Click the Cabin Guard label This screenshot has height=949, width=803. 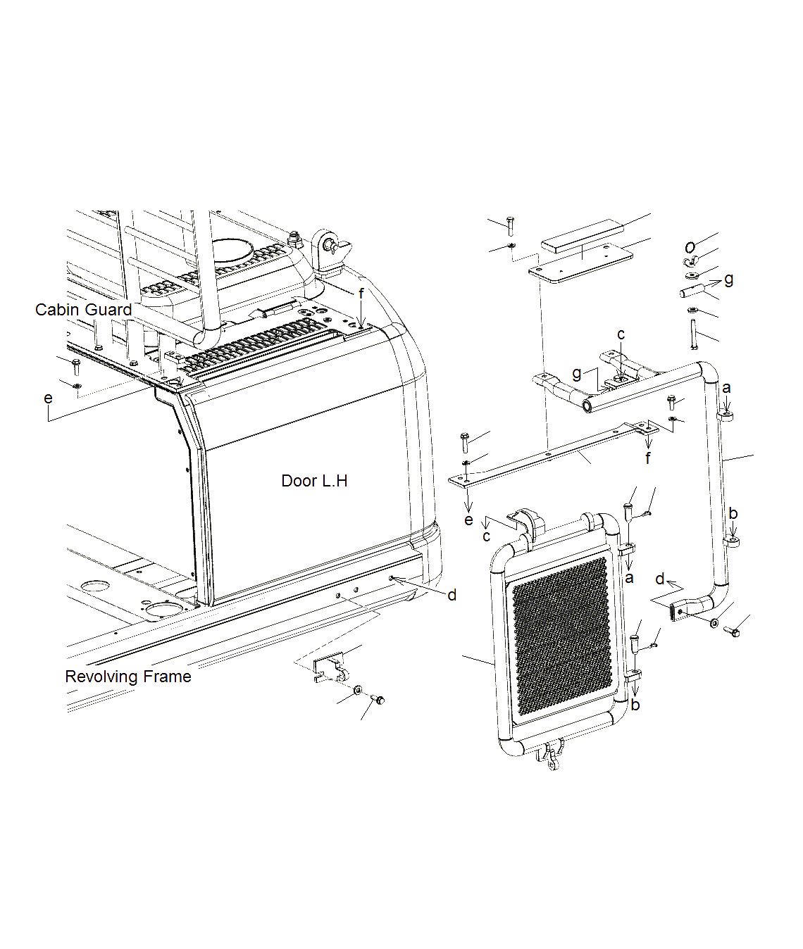tap(83, 310)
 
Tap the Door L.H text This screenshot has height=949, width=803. tap(314, 481)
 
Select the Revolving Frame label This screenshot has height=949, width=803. tap(128, 677)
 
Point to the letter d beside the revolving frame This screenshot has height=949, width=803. tap(452, 596)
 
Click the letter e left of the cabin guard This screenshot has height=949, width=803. tap(48, 398)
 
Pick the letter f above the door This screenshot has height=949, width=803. tap(361, 294)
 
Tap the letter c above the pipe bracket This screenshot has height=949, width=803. tap(621, 334)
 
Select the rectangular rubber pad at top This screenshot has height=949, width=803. tap(582, 235)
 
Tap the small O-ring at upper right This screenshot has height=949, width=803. tap(690, 246)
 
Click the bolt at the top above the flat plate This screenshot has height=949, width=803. tap(510, 225)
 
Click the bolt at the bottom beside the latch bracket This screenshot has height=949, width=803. tap(378, 700)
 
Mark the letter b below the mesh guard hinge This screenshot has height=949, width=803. tap(635, 705)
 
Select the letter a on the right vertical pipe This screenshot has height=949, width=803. tap(726, 388)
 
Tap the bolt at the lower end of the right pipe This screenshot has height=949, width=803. tap(733, 631)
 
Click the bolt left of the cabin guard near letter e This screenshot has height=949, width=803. tap(76, 366)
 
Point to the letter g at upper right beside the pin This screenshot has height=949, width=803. tap(728, 279)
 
